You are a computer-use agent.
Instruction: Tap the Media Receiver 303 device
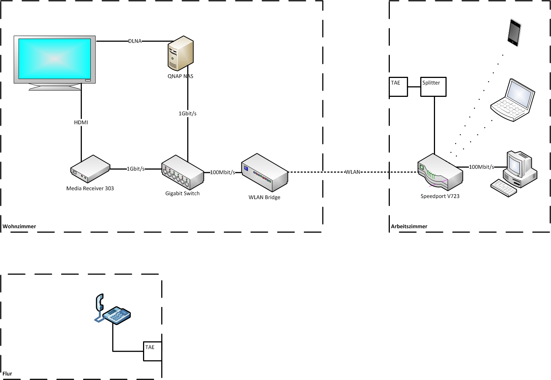pos(90,169)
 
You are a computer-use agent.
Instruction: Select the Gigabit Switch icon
pos(182,173)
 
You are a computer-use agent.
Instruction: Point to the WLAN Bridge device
pos(265,173)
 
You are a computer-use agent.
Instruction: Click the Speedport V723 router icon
pos(440,173)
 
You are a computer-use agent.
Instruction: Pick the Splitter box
pos(433,86)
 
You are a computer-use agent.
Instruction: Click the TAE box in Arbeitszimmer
pos(398,86)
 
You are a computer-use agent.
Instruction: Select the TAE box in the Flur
pos(152,351)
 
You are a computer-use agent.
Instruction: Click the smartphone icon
pos(514,33)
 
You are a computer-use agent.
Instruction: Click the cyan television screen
pos(54,59)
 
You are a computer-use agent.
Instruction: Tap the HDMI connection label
pos(81,122)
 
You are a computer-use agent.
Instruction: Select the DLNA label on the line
pos(135,41)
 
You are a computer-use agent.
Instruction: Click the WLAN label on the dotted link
pos(352,172)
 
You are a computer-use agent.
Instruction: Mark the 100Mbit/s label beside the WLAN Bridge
pos(222,173)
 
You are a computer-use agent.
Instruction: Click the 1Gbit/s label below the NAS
pos(187,114)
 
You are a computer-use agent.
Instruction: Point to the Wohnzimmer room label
pos(19,226)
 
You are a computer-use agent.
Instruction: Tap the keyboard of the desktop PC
pos(503,188)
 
